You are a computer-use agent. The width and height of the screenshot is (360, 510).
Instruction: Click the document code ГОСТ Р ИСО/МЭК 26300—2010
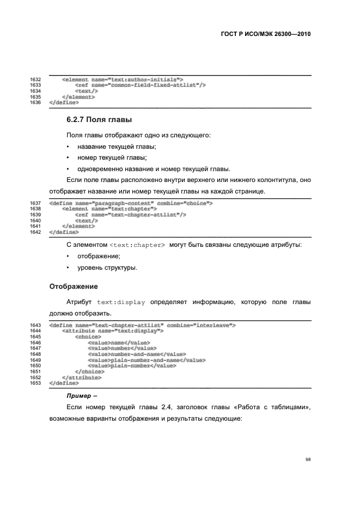pos(265,34)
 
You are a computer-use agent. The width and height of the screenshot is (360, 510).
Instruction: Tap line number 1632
pos(35,80)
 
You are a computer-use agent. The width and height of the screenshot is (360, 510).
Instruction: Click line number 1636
pos(35,102)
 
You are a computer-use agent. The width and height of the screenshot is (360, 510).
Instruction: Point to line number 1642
pos(35,232)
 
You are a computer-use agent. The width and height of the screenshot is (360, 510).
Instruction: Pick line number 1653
pos(35,383)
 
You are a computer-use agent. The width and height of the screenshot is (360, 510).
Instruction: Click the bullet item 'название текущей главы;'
pos(117,147)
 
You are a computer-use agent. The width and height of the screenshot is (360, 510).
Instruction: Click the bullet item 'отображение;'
pos(99,256)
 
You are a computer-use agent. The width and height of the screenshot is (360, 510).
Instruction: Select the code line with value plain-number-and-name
pos(146,360)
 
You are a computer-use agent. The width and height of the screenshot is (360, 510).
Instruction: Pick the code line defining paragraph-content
pos(131,203)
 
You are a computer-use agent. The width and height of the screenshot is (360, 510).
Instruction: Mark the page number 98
pos(308,459)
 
